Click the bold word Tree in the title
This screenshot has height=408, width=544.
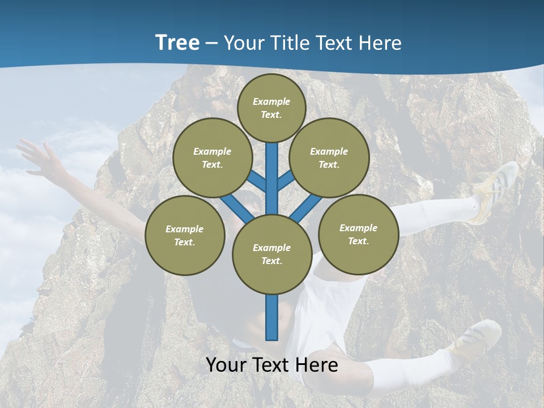(177, 42)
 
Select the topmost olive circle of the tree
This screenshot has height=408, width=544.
(271, 108)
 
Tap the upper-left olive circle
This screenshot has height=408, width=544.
(212, 158)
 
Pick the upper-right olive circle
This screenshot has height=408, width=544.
(329, 158)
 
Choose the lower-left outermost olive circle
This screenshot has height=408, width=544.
(185, 235)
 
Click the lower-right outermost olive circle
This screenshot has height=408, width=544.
(359, 234)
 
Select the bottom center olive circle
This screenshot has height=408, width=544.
(272, 254)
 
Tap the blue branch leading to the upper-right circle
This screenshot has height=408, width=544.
(286, 180)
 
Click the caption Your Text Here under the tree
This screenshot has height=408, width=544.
(272, 365)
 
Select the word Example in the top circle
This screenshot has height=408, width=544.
(271, 101)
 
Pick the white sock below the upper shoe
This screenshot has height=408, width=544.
(448, 211)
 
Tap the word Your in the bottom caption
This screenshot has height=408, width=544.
(226, 365)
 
